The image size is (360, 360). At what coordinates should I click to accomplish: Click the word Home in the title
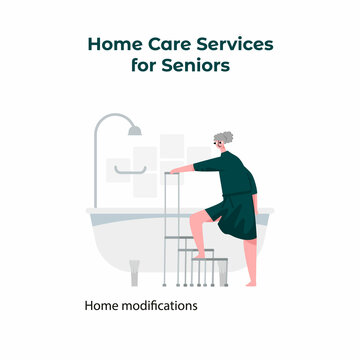click(x=112, y=45)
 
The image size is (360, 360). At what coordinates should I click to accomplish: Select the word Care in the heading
click(x=164, y=45)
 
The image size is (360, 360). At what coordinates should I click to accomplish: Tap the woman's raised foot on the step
click(x=202, y=256)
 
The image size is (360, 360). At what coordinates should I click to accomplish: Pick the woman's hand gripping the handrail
click(x=174, y=171)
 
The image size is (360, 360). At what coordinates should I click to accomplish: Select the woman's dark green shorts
click(x=237, y=214)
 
